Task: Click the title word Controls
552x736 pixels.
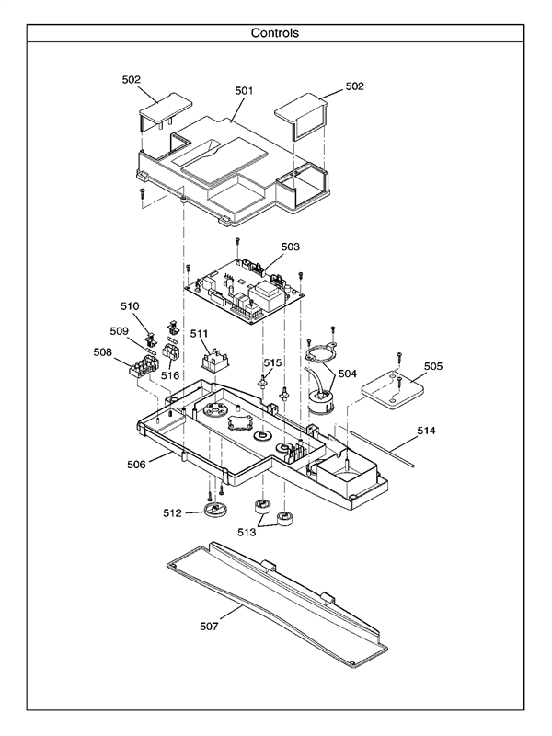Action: coord(275,33)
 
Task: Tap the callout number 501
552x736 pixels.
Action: coord(244,91)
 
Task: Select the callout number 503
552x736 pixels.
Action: coord(290,247)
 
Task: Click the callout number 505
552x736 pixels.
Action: coord(432,366)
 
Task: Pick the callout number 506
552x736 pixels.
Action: coord(136,465)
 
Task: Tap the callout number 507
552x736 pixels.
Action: coord(209,626)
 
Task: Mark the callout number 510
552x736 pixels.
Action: coord(130,305)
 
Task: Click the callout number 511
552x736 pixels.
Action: coord(199,332)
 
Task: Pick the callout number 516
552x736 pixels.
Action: coord(170,375)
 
